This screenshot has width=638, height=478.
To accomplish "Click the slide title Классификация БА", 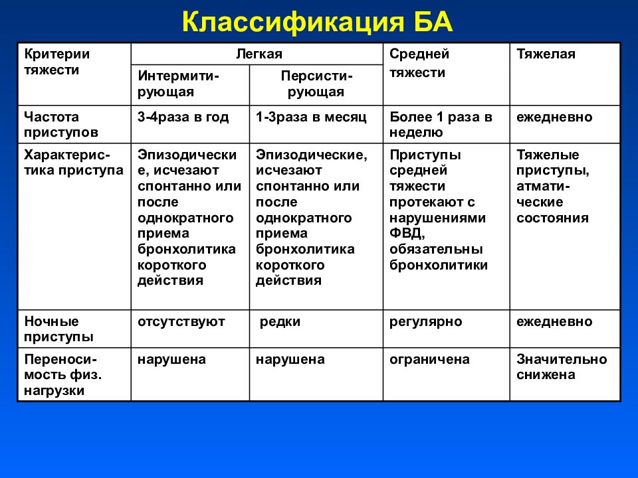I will pyautogui.click(x=318, y=23).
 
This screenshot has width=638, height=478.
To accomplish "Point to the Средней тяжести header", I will pyautogui.click(x=419, y=63).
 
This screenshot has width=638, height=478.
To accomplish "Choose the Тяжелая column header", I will pyautogui.click(x=546, y=54).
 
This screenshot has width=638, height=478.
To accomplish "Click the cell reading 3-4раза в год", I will pyautogui.click(x=183, y=118).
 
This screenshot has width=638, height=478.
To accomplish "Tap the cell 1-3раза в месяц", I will pyautogui.click(x=311, y=118).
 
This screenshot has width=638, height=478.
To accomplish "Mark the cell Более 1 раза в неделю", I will pyautogui.click(x=441, y=125).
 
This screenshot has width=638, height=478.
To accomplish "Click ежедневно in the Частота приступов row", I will pyautogui.click(x=554, y=118).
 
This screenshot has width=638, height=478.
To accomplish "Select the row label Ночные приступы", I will pyautogui.click(x=58, y=329).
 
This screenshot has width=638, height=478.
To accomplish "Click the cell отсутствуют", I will pyautogui.click(x=181, y=322).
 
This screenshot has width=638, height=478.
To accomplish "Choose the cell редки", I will pyautogui.click(x=280, y=322).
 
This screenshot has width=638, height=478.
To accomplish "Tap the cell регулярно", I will pyautogui.click(x=425, y=322).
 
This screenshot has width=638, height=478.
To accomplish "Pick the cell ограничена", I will pyautogui.click(x=429, y=360).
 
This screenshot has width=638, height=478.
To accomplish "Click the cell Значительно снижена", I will pyautogui.click(x=561, y=367).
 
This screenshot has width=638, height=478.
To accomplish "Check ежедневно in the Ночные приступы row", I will pyautogui.click(x=554, y=322).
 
